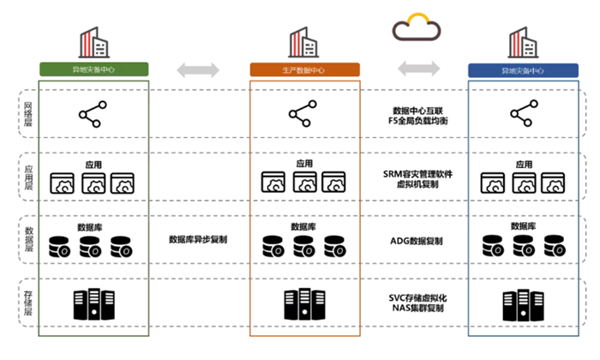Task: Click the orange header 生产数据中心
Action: click(304, 69)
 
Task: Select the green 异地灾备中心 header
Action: click(93, 69)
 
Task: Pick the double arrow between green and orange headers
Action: click(198, 69)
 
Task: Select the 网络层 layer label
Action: click(27, 114)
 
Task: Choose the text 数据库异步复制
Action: click(198, 241)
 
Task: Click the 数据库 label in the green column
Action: click(92, 227)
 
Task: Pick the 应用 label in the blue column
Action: click(524, 163)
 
